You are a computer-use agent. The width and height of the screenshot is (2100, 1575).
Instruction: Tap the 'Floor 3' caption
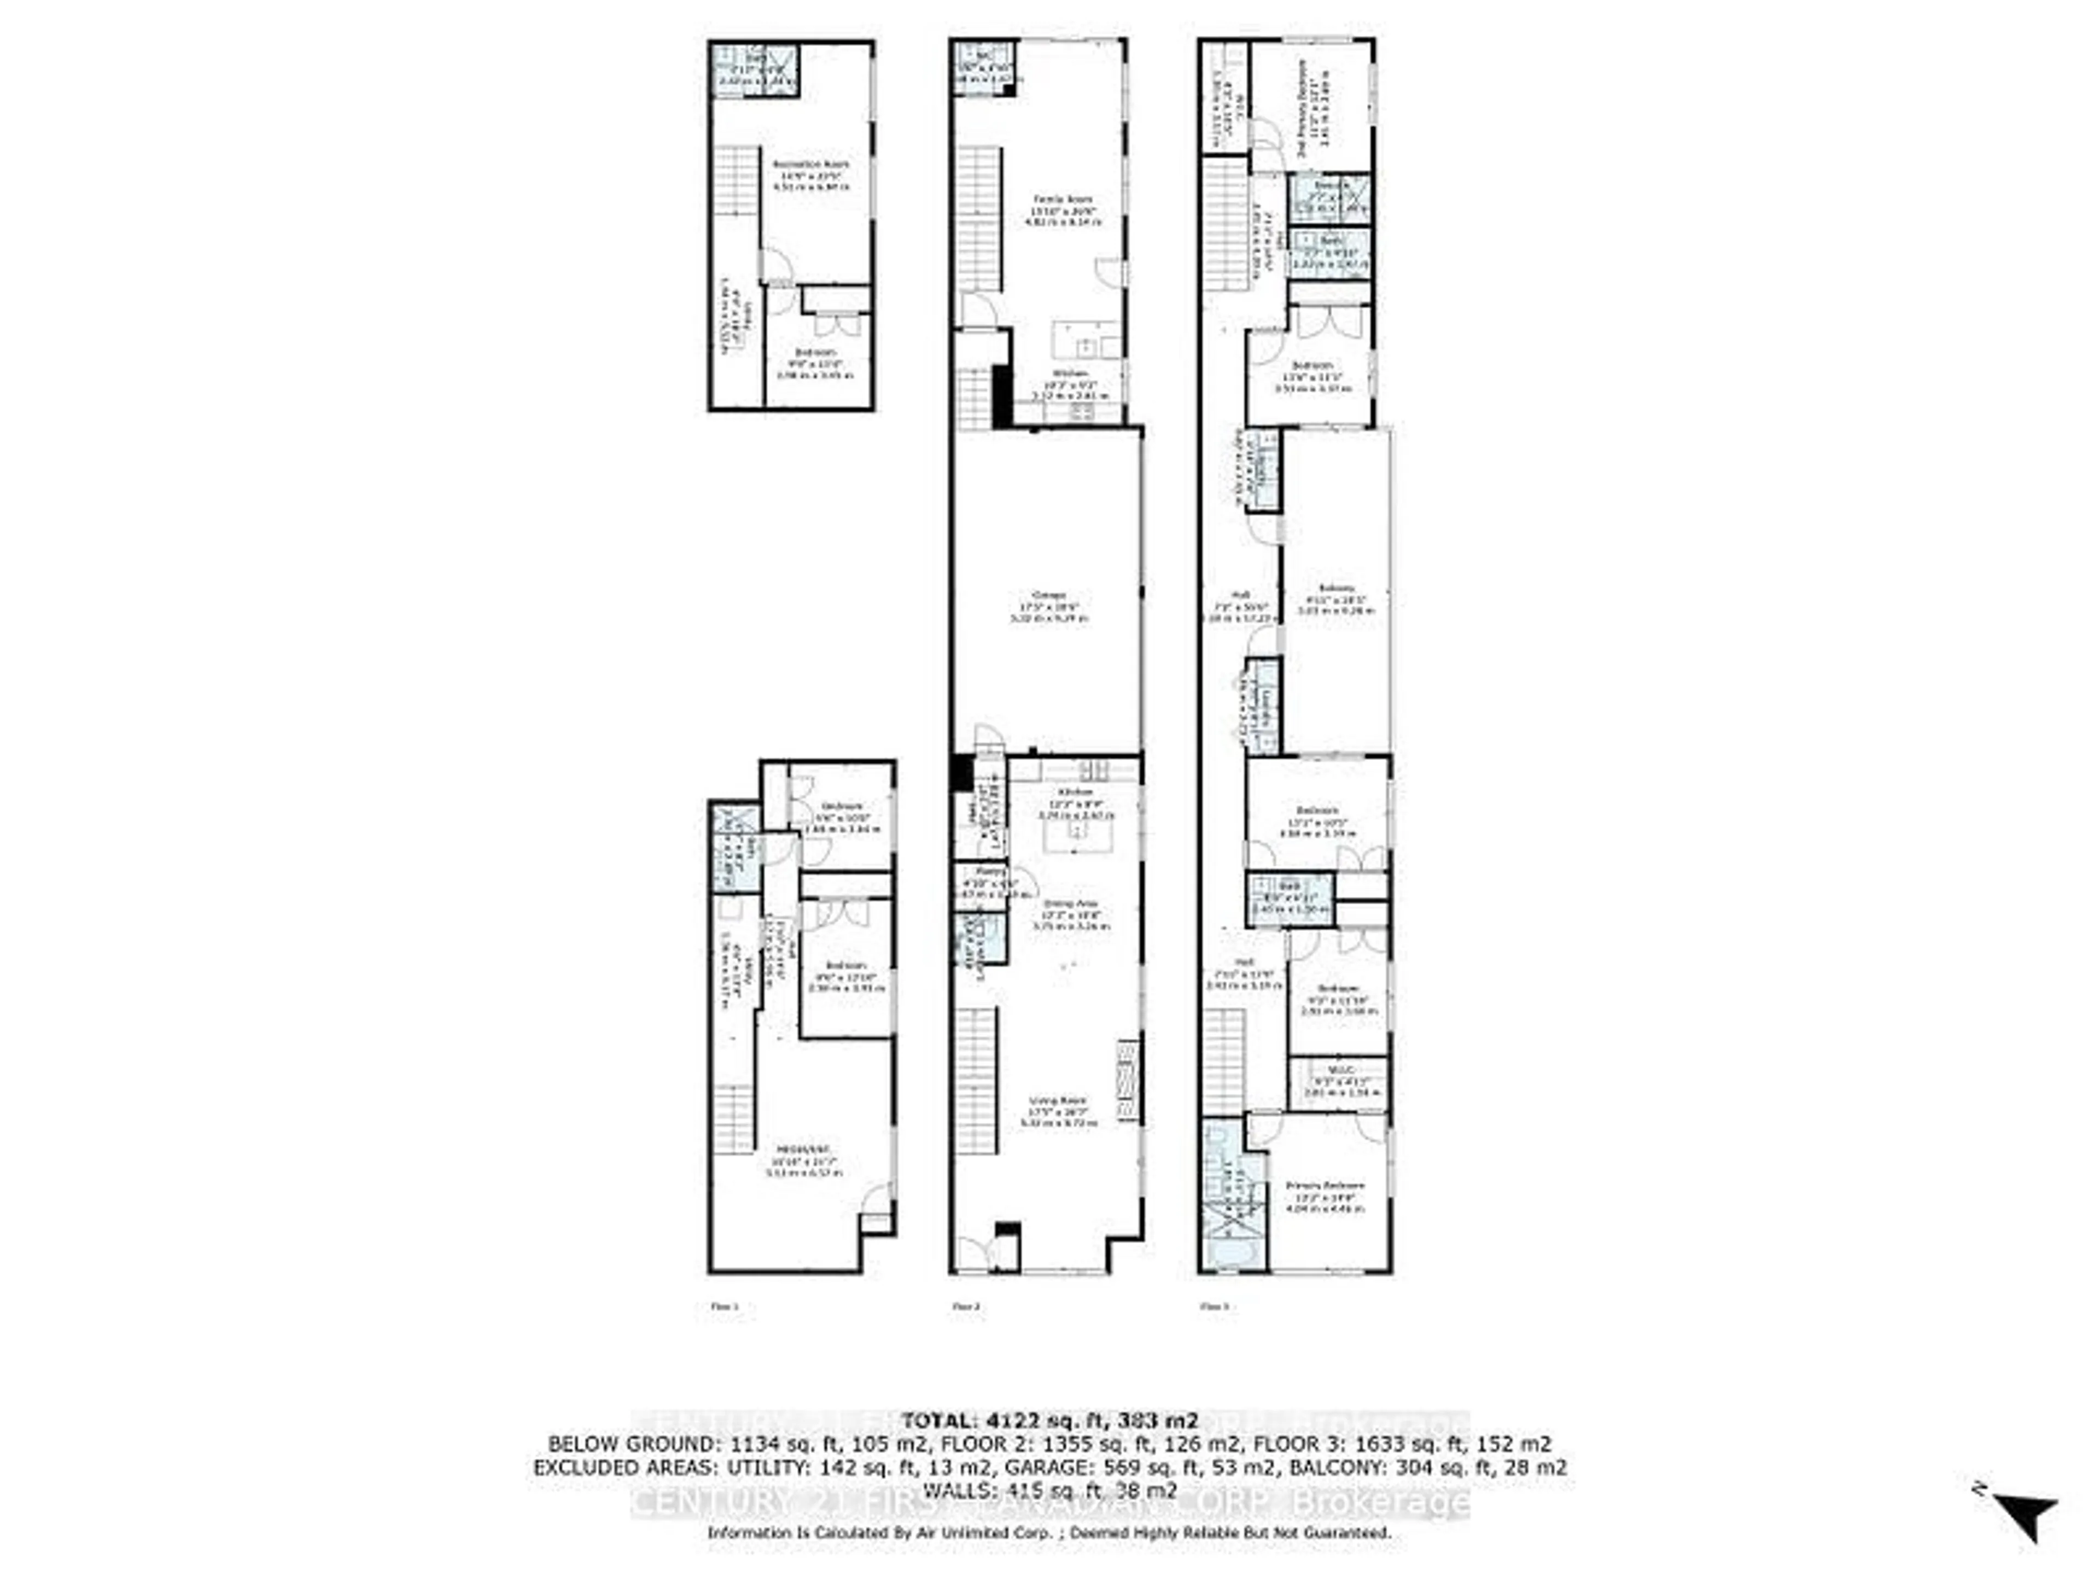tap(1214, 1306)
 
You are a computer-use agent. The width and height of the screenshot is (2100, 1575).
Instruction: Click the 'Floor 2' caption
tap(965, 1306)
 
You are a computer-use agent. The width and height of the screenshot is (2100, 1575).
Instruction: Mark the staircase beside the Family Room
tap(978, 218)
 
